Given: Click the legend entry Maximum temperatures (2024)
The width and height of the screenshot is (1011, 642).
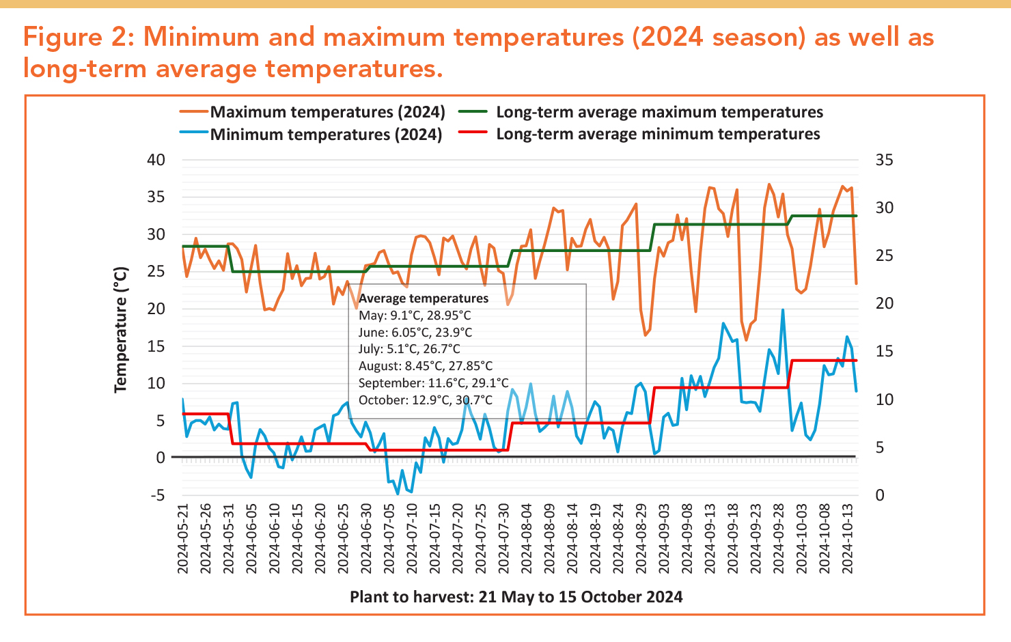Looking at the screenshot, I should point(327,112).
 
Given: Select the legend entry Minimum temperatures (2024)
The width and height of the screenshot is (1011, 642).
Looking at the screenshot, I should point(326,134).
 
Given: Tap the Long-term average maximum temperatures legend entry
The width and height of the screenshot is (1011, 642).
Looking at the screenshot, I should point(659,112).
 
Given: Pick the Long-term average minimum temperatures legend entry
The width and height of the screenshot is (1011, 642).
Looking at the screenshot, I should point(658,134).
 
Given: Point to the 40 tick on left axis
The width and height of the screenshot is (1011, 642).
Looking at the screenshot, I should point(156,160).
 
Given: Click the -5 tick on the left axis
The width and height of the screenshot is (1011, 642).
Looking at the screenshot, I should point(158,495).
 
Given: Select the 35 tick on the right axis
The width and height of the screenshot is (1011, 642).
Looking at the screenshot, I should point(884,160).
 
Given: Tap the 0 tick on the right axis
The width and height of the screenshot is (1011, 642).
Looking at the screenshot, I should point(880,495).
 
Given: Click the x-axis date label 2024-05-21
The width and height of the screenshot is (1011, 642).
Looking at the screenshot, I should point(183,540).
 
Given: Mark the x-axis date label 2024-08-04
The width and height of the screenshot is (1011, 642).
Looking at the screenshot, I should point(527,540).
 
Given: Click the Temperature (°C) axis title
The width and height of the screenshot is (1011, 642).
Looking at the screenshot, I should point(121,330).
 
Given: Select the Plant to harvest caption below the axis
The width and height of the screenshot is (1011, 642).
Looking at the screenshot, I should point(516,597).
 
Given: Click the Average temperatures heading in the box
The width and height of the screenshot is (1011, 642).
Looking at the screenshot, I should point(424,298).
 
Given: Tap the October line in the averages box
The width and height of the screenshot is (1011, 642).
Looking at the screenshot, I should point(425,400).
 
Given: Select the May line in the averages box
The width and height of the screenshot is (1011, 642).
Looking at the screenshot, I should point(415,316).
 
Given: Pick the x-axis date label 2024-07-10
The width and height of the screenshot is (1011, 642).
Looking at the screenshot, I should point(413,540).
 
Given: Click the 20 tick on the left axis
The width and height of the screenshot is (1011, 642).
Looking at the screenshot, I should point(156,309).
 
